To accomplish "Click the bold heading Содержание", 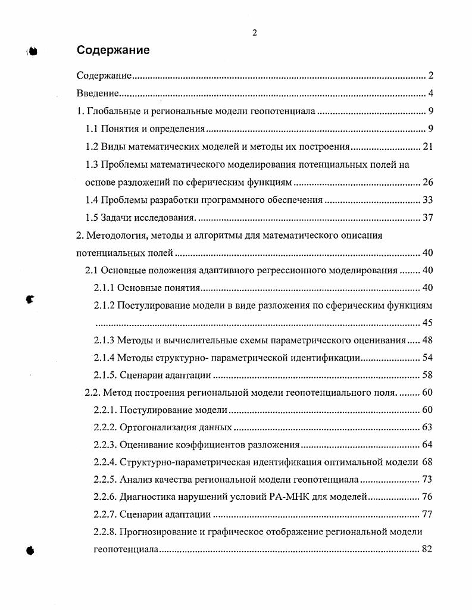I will [x=113, y=51].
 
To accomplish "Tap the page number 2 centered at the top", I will [x=255, y=33].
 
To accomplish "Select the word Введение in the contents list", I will [x=99, y=93].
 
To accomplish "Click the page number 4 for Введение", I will [x=430, y=93].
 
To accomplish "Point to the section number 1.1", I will [x=92, y=129].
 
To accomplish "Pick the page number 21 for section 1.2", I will [x=427, y=147].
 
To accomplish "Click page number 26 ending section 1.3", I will [x=427, y=182].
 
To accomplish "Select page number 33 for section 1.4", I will [x=427, y=200].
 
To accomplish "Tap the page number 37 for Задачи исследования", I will [x=427, y=217].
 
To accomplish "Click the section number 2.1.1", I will [x=104, y=288].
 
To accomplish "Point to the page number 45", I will [x=427, y=323].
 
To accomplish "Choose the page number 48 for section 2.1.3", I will [x=427, y=340].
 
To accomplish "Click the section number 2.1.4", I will [x=104, y=358].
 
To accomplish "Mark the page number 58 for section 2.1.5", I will [x=427, y=375].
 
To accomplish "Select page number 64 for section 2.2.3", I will [x=427, y=445].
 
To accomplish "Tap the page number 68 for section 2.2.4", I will [x=427, y=462].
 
